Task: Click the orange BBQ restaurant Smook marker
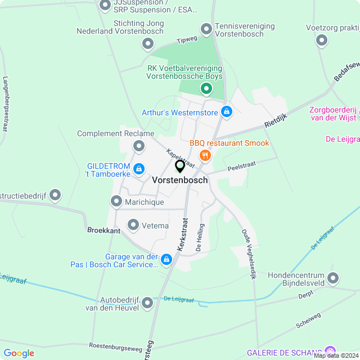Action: [205, 155]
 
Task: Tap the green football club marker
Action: [206, 88]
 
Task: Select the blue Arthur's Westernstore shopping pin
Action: [226, 111]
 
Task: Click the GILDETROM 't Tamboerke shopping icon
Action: [139, 168]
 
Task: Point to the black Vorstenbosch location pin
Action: [180, 166]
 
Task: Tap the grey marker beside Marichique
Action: [116, 201]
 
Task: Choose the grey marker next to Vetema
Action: [133, 225]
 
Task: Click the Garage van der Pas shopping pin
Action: [166, 259]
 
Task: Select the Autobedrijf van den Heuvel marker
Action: [147, 303]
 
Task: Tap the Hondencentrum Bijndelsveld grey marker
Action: [334, 278]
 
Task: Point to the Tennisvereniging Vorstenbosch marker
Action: [206, 28]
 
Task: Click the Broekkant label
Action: [104, 230]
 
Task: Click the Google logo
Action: [19, 353]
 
